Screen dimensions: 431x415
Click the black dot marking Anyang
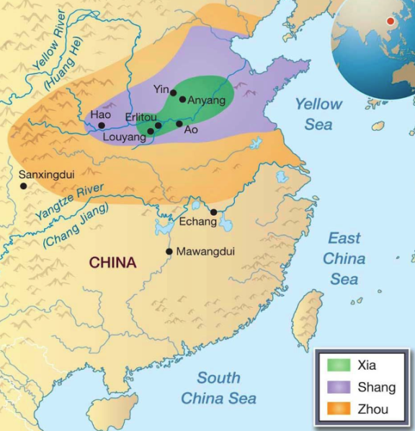tap(182, 99)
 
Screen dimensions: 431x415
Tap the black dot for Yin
tap(173, 92)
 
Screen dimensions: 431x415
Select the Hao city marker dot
tap(102, 125)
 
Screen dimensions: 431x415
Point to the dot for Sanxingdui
tap(24, 186)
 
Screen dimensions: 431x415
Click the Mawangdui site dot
tap(169, 251)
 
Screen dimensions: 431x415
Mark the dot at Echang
tap(214, 212)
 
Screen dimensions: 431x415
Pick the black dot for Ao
tap(179, 124)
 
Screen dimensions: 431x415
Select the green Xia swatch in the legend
tap(337, 366)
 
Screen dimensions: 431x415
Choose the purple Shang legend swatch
tap(337, 387)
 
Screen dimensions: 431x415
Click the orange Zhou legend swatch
tap(337, 409)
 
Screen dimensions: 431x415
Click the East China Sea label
tap(344, 258)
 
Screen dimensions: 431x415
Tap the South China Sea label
tap(218, 388)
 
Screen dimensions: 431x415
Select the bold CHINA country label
tap(112, 263)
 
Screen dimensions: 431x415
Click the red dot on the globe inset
tap(391, 21)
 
